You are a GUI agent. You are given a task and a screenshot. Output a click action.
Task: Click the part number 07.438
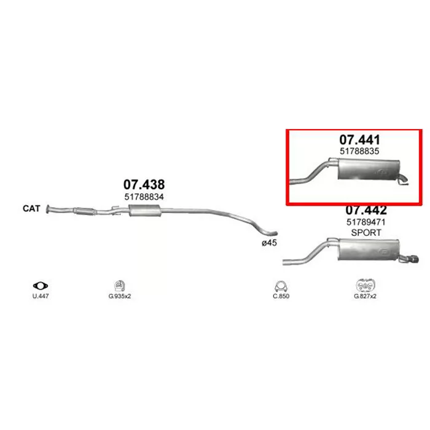point(144,184)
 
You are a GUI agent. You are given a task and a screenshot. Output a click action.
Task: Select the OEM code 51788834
point(144,197)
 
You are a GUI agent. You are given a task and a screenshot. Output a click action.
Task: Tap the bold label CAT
point(31,208)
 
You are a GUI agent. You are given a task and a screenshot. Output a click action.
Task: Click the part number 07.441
point(359,139)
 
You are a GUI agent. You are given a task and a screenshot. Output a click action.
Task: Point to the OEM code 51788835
point(359,151)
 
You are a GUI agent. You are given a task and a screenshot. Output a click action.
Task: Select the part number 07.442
point(366,211)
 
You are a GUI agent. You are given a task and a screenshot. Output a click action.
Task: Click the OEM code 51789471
point(366,222)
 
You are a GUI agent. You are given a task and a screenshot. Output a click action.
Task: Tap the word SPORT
point(366,233)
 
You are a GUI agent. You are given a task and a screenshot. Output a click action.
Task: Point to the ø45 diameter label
point(269,243)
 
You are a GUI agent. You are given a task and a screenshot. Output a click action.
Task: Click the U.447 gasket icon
point(41,286)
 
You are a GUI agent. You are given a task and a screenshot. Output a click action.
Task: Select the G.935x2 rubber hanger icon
point(120,286)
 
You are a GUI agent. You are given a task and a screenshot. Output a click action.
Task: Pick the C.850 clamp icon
point(281,286)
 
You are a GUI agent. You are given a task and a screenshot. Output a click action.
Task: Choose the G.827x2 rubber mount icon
point(365,286)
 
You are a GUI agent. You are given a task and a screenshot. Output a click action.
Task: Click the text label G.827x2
point(365,296)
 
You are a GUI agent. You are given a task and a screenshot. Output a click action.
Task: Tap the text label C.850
point(281,296)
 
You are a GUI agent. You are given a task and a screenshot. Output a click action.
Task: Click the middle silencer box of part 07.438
point(144,210)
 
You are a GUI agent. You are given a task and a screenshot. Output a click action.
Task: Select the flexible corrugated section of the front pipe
point(85,211)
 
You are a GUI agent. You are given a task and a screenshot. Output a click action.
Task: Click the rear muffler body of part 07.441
point(369,169)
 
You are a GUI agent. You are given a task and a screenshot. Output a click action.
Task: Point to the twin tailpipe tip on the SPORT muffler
point(412,259)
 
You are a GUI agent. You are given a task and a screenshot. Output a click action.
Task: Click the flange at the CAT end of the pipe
point(48,209)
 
